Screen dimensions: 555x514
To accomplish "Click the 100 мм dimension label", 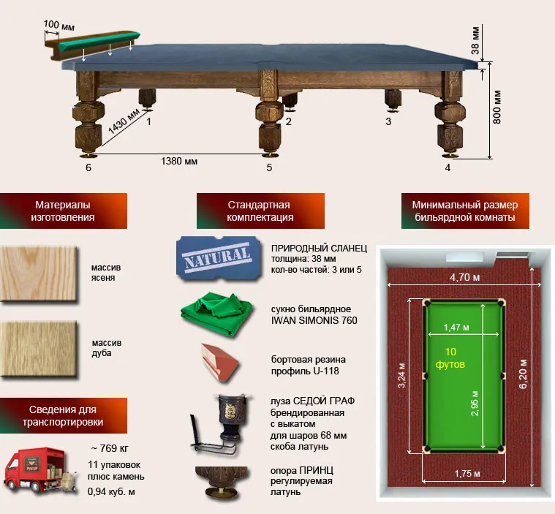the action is (x=59, y=25).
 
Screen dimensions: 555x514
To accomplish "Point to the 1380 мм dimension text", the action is (x=179, y=162).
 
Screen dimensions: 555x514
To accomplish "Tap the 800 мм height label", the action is (x=497, y=107).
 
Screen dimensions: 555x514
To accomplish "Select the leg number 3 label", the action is (x=388, y=121).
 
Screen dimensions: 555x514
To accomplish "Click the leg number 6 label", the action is (x=88, y=167).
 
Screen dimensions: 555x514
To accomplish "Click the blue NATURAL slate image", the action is (x=219, y=258).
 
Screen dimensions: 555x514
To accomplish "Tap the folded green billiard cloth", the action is (x=217, y=314).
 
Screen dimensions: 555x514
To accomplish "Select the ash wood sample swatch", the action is (x=39, y=274).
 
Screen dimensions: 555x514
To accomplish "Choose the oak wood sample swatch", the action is (x=39, y=349).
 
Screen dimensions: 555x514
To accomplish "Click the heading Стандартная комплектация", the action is (x=260, y=211).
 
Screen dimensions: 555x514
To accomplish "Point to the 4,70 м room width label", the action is (x=465, y=278).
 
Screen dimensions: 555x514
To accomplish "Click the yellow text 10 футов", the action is (x=450, y=358).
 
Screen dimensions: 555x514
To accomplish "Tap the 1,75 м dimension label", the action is (x=467, y=474).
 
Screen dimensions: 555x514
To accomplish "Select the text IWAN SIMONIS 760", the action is (x=314, y=320).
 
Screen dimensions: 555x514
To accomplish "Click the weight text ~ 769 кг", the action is (x=110, y=448).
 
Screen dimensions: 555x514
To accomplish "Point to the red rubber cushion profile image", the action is (x=219, y=363).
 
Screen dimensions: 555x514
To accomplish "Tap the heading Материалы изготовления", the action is (x=63, y=211).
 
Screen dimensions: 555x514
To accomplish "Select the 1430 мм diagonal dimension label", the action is (x=123, y=121).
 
